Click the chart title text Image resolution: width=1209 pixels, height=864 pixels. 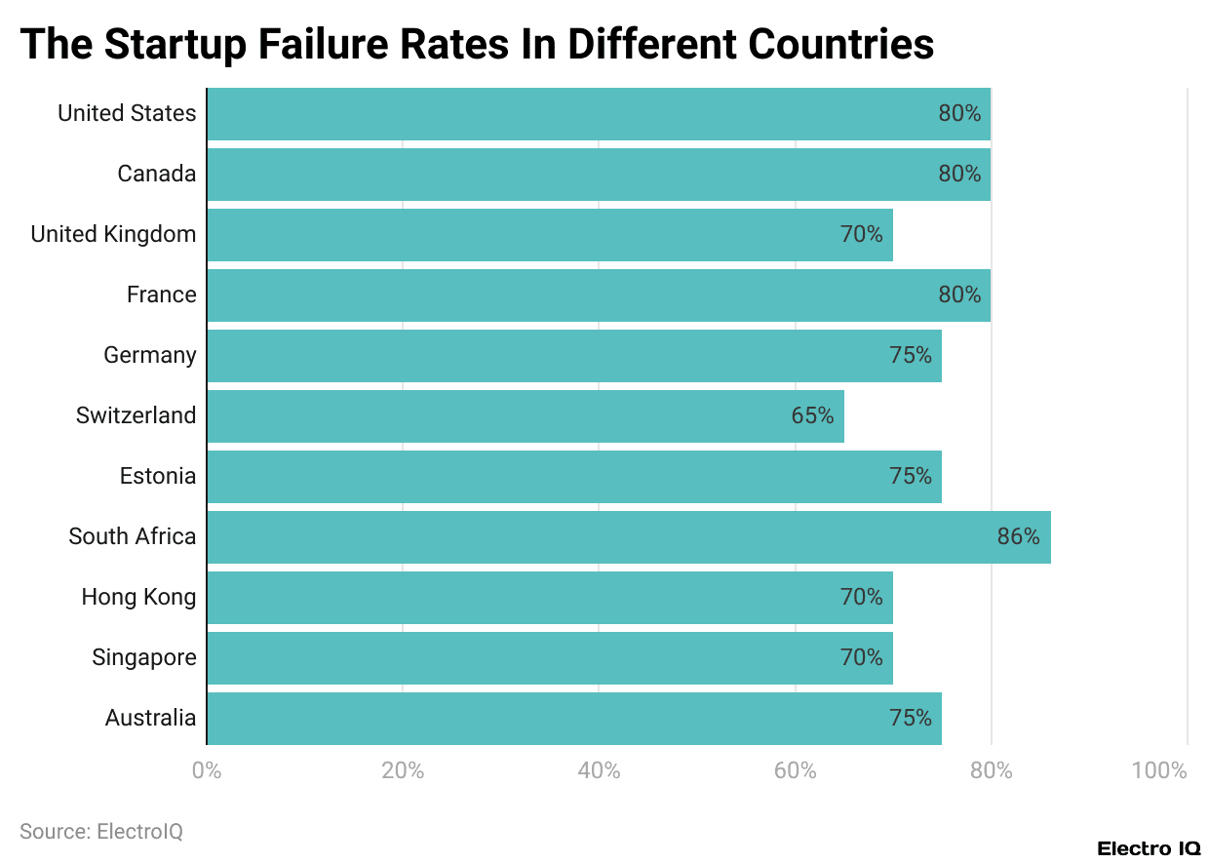click(477, 44)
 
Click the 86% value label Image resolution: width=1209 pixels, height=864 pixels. click(1018, 537)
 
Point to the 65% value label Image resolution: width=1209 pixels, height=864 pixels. click(812, 416)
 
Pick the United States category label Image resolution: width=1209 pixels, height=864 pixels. click(127, 114)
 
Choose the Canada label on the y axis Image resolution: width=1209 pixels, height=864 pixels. click(156, 175)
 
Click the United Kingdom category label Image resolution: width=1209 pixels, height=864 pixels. click(113, 235)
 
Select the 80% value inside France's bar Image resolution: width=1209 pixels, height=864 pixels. click(959, 295)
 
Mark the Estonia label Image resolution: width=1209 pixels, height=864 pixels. click(157, 477)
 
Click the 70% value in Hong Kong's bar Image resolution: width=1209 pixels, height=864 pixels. click(861, 598)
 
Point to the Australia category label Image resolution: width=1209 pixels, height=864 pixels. click(150, 719)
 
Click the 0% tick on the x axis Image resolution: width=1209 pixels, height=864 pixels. click(207, 771)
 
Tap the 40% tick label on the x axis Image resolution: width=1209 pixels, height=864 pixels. click(599, 771)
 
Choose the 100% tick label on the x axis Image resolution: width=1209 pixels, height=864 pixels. click(1159, 771)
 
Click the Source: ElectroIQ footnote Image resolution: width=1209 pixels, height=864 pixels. click(101, 832)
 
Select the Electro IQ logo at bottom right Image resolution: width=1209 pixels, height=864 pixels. click(1148, 848)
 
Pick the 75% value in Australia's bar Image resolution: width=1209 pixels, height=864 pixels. click(910, 719)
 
